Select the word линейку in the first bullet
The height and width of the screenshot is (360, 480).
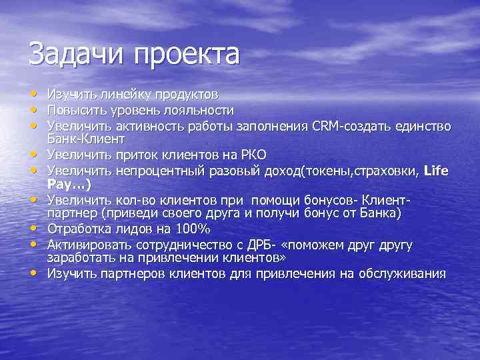click(x=113, y=95)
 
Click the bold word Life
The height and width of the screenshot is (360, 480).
click(x=436, y=169)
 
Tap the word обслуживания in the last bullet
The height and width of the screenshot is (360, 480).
click(x=401, y=273)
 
